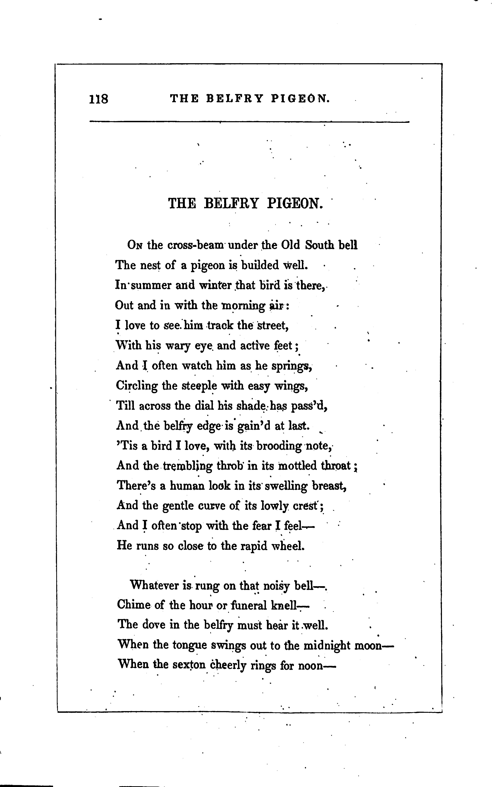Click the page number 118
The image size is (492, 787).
[x=99, y=99]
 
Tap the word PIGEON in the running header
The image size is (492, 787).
[x=300, y=99]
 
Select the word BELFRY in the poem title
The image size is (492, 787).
[x=231, y=204]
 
